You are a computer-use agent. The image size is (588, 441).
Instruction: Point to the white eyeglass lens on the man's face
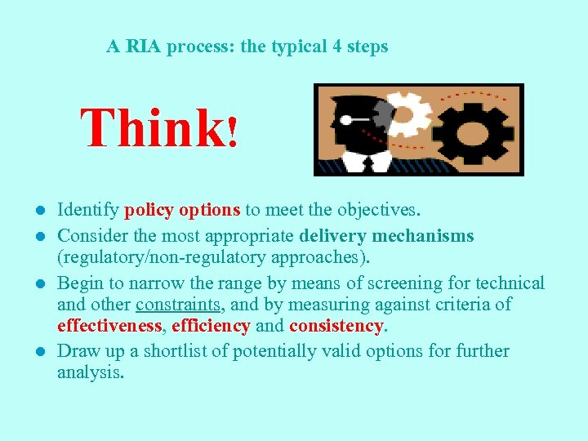[348, 121]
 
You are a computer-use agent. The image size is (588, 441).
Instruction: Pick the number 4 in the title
[337, 47]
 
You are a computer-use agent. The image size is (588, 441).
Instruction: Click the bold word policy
[149, 210]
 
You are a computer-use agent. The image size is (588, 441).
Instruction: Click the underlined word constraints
[178, 305]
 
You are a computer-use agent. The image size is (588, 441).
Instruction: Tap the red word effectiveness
[110, 326]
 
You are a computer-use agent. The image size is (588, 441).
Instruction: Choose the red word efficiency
[212, 326]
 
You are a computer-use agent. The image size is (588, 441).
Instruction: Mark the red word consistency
[335, 326]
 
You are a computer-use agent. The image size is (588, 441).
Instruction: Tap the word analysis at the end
[91, 373]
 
